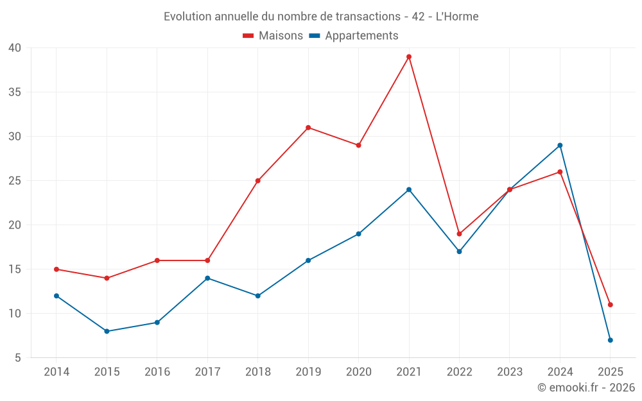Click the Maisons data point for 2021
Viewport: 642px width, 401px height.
click(409, 56)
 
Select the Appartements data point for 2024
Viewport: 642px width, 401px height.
click(560, 145)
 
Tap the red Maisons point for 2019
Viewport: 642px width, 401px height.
click(308, 128)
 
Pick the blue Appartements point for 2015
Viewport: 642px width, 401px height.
click(107, 331)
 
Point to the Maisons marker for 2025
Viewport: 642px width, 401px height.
click(610, 305)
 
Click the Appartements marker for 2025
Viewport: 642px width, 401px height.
click(610, 340)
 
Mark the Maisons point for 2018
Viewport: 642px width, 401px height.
click(257, 181)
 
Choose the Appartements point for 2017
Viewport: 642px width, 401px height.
click(207, 278)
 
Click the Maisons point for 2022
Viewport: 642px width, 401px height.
click(459, 234)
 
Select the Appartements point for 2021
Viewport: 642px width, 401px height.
click(409, 189)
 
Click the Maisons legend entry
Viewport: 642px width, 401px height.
click(273, 36)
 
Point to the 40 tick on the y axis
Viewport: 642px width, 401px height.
click(15, 48)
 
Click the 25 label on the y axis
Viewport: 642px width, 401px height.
click(15, 181)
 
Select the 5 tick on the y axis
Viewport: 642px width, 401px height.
click(18, 358)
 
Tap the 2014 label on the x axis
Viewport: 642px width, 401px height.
click(56, 372)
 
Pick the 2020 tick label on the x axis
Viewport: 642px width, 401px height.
click(358, 372)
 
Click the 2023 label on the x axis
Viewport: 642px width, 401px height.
click(509, 372)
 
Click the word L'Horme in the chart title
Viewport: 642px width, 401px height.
click(457, 17)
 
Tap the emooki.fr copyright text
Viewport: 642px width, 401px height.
click(586, 388)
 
